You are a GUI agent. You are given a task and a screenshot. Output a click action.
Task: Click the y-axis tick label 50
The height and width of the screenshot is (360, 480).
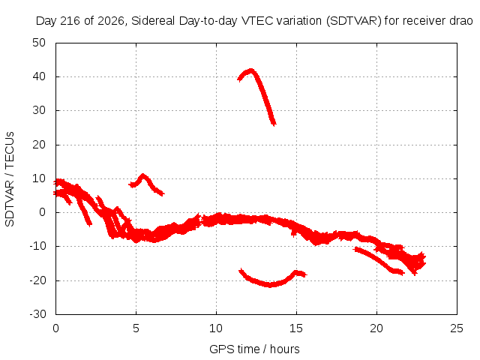[x=39, y=43]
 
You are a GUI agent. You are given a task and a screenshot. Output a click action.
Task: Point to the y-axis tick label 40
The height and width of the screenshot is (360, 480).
[x=39, y=76]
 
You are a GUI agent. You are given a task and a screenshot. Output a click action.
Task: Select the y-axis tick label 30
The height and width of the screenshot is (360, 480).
[x=39, y=110]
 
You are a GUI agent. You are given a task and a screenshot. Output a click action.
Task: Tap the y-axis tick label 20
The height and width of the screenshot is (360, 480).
[x=39, y=145]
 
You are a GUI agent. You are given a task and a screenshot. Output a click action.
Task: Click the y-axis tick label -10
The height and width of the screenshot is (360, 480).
[x=37, y=246]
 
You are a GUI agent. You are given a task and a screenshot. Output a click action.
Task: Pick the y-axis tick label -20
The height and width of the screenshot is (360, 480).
[x=37, y=280]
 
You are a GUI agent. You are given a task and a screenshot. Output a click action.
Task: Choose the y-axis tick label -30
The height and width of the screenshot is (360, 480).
[x=37, y=314]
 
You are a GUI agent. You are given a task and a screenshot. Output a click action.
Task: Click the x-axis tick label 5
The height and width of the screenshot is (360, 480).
[x=136, y=328]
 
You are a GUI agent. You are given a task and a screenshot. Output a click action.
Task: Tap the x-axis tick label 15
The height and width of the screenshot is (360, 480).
[x=296, y=328]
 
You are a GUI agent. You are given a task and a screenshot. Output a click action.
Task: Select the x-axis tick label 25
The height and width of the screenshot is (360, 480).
[x=457, y=328]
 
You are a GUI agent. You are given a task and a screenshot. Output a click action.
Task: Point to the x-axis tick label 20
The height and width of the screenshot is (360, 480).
[x=376, y=328]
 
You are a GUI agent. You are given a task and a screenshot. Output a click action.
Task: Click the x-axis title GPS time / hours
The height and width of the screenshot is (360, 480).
[x=254, y=349]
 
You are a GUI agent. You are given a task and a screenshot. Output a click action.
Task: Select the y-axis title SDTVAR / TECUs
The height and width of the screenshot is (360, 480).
[x=10, y=179]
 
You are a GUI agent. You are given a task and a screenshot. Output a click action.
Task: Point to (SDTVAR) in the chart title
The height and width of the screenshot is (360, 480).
[x=354, y=21]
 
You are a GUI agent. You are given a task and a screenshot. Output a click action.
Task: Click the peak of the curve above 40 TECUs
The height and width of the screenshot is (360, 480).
[x=251, y=70]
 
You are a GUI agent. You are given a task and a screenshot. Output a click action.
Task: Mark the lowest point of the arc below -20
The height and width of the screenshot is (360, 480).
[x=269, y=285]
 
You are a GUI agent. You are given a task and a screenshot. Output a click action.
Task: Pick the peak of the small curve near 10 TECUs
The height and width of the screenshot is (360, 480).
[x=142, y=175]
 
